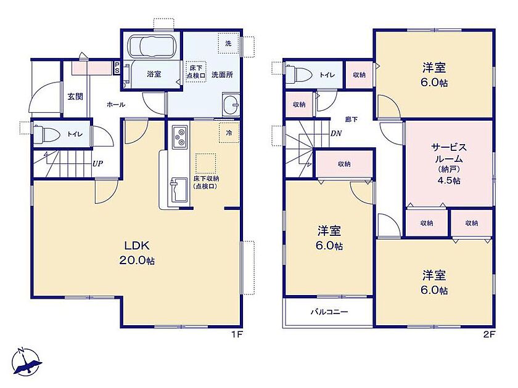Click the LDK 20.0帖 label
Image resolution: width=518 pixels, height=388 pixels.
tap(137, 253)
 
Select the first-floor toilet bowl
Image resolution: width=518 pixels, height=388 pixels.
tap(46, 134)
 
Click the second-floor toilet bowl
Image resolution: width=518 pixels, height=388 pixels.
tap(299, 75)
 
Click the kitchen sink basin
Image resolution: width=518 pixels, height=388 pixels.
tap(178, 190)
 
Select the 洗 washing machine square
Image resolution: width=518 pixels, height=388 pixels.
tap(228, 43)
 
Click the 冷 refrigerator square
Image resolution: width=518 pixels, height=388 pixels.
tap(229, 132)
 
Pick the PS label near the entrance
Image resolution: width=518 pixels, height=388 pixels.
tap(117, 68)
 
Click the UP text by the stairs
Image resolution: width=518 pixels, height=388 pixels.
tap(97, 163)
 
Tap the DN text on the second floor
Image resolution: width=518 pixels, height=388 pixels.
tap(336, 134)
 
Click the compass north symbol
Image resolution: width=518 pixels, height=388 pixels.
tap(26, 362)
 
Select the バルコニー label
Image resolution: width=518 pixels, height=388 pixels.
tap(329, 312)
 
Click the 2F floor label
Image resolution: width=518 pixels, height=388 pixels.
tap(489, 334)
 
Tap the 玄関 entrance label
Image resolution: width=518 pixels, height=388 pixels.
tap(75, 97)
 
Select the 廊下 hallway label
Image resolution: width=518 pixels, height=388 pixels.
tap(351, 119)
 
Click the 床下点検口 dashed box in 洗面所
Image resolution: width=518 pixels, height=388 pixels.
tap(196, 71)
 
